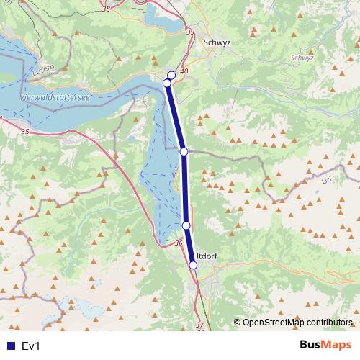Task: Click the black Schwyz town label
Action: [217, 42]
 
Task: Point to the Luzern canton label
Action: [44, 73]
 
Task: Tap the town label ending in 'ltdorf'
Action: [207, 255]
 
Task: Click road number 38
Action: [107, 9]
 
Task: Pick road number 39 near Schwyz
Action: [190, 32]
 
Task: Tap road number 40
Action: [184, 71]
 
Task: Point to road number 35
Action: [25, 132]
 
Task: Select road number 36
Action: [179, 244]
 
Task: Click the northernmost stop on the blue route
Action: [171, 76]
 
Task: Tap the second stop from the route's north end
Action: [167, 84]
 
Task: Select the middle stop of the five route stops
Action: [184, 151]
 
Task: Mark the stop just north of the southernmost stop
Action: [186, 225]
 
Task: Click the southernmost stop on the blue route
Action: [193, 265]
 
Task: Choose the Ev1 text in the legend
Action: [30, 346]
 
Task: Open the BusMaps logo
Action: [322, 345]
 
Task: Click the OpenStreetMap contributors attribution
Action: [294, 323]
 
